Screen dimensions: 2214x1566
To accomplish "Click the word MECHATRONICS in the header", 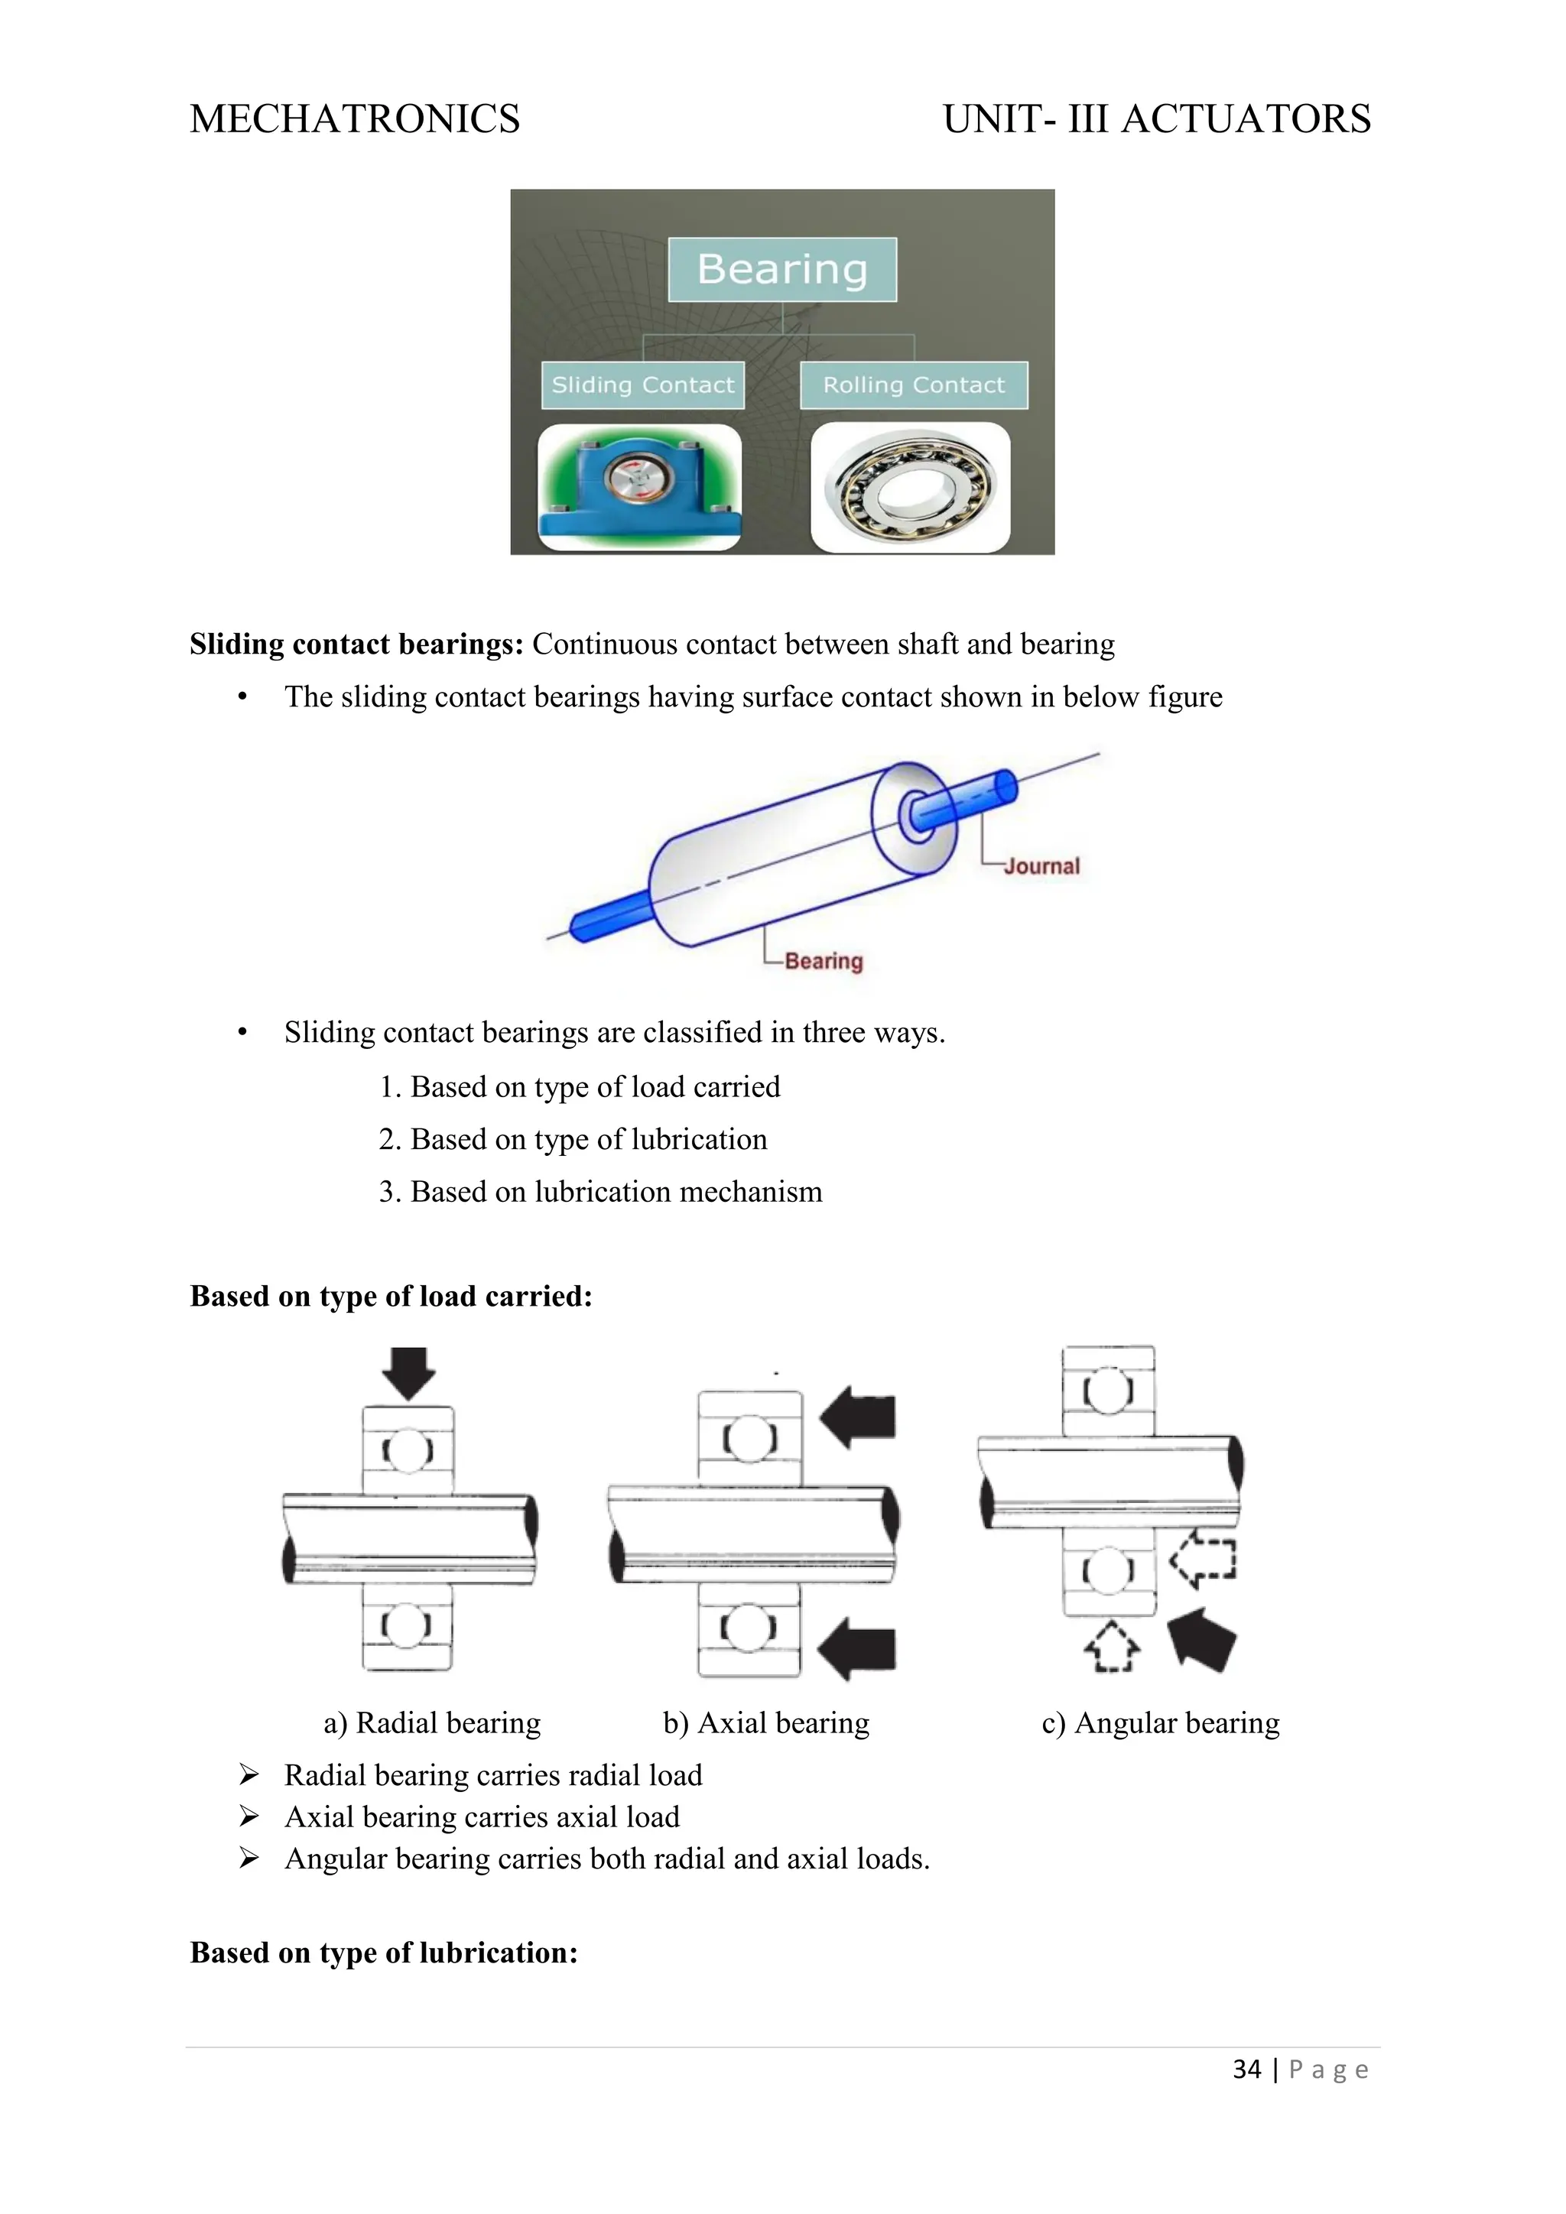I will [x=355, y=119].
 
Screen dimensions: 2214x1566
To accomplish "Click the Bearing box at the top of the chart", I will [x=782, y=269].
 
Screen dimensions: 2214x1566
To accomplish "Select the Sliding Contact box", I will [x=642, y=385].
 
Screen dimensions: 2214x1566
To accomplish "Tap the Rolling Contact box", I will [x=913, y=385].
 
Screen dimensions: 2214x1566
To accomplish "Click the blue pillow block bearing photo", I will [x=639, y=487].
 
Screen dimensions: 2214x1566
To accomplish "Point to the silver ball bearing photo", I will [x=910, y=488].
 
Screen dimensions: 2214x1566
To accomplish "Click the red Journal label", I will [x=1041, y=866].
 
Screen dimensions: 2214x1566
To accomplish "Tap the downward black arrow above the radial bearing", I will [x=409, y=1372].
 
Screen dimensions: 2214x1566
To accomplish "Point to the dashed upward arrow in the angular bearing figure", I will [x=1112, y=1646].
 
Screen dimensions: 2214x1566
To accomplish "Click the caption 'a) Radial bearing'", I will [x=432, y=1723].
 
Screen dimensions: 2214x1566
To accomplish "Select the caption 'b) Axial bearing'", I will [x=765, y=1723].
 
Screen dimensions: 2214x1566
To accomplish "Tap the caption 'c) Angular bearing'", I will [x=1160, y=1723].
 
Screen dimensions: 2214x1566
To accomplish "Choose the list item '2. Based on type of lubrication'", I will [x=573, y=1140].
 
